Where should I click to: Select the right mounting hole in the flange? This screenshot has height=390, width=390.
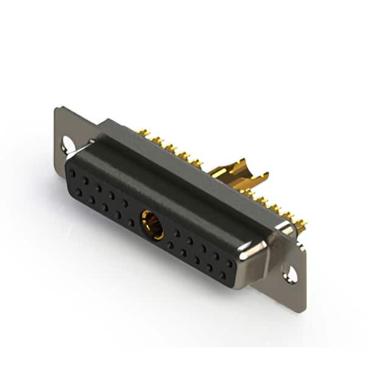click(x=291, y=275)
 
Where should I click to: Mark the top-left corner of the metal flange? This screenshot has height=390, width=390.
click(x=55, y=108)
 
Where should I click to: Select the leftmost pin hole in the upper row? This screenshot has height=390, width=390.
click(x=73, y=173)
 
